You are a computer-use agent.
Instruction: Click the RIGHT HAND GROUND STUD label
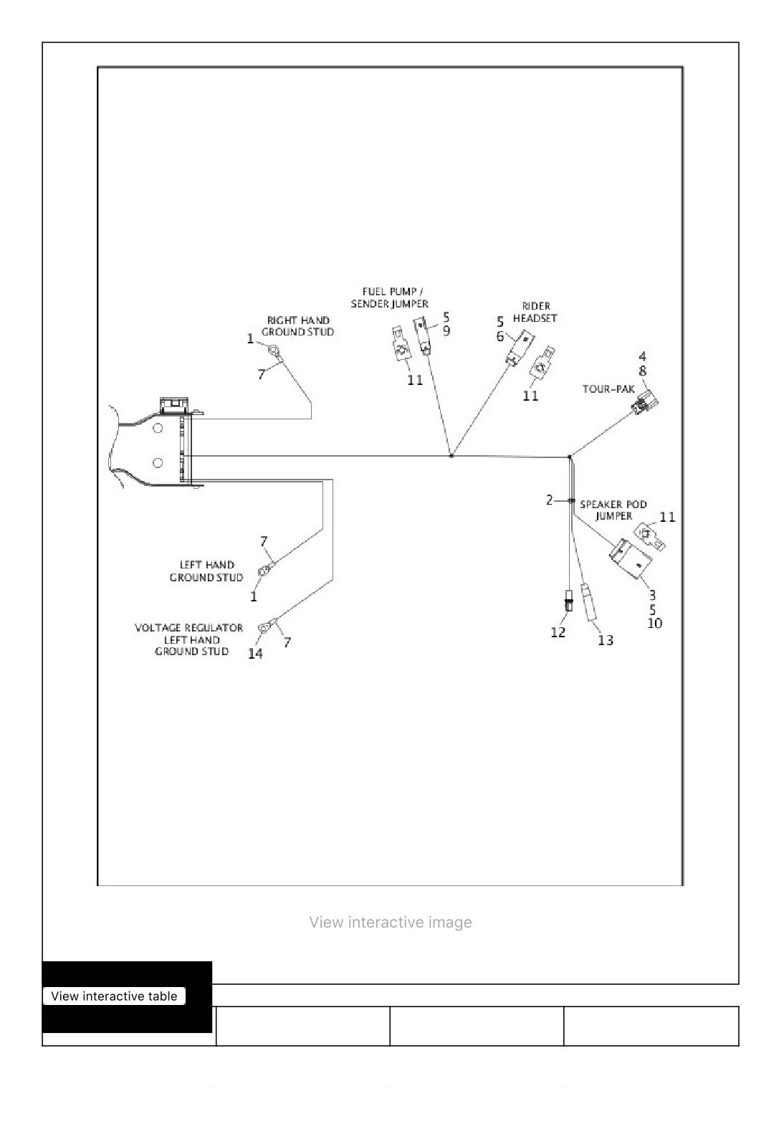pos(297,326)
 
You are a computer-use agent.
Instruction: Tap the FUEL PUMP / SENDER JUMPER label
pos(390,297)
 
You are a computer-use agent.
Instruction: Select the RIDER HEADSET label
pos(535,312)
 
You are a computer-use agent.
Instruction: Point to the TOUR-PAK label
pos(608,389)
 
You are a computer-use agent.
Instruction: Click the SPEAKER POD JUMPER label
pos(613,510)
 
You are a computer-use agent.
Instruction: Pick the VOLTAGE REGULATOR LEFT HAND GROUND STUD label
pos(189,639)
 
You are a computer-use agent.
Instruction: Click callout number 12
pos(558,632)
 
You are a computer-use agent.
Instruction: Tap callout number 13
pos(605,640)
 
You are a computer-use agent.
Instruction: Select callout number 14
pos(255,653)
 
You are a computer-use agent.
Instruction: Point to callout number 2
pos(549,500)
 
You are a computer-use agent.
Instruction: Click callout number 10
pos(654,624)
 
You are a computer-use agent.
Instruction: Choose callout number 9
pos(446,331)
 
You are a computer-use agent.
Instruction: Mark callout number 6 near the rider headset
pos(500,336)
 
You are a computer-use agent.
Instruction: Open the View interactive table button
pos(115,996)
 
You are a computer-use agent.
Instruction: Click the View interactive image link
pos(391,922)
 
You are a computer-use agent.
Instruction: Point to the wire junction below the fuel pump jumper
pos(451,456)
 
